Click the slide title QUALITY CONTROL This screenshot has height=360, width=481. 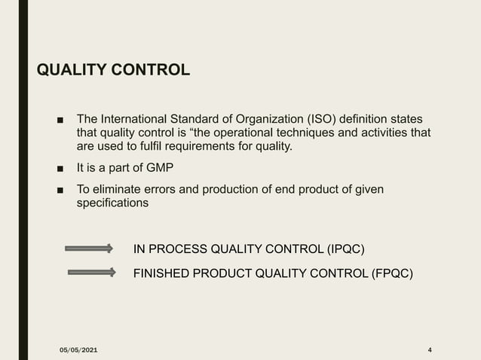click(113, 71)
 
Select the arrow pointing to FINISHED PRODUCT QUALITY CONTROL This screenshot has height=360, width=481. click(90, 273)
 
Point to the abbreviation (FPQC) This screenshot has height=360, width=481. click(392, 273)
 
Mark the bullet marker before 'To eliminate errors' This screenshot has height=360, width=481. click(60, 190)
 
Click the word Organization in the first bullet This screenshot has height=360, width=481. click(268, 120)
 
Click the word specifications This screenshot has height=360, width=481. click(113, 203)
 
